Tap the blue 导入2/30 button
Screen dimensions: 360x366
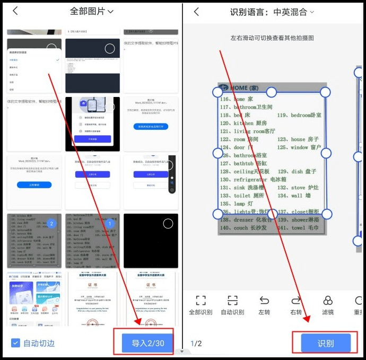(147, 343)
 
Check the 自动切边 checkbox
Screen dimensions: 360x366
(16, 343)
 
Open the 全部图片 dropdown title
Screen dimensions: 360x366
(92, 11)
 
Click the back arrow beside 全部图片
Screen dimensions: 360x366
(15, 11)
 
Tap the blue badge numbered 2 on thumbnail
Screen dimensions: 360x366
(51, 224)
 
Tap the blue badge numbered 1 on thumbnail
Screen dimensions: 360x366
(110, 224)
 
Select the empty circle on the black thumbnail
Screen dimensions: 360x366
(168, 224)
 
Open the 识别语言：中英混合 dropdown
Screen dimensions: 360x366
(272, 12)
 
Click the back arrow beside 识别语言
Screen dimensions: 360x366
(196, 12)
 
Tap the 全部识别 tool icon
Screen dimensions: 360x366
(201, 301)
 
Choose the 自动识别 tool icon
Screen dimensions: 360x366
(232, 301)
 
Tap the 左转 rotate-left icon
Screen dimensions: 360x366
(264, 301)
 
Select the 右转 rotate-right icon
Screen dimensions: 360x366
(296, 301)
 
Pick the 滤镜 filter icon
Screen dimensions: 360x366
(328, 301)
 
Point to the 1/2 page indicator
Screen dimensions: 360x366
(196, 344)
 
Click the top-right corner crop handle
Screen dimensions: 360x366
(326, 92)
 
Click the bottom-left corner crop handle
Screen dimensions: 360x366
(217, 214)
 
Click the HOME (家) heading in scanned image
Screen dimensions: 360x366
(244, 87)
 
